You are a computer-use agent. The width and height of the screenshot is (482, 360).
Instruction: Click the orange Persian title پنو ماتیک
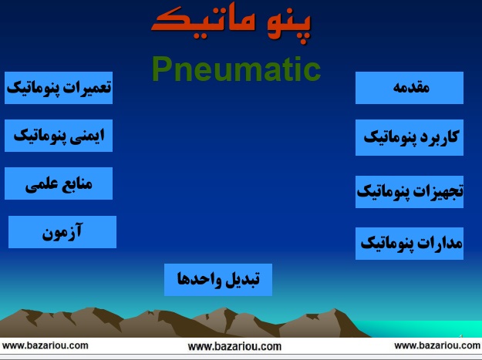[x=231, y=24]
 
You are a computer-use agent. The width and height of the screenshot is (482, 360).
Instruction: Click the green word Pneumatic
[x=237, y=69]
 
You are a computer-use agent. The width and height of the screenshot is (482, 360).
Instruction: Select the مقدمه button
[x=410, y=88]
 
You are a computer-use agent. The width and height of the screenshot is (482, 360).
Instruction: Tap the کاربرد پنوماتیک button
[x=410, y=137]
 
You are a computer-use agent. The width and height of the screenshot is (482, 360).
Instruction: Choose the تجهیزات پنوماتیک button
[x=410, y=192]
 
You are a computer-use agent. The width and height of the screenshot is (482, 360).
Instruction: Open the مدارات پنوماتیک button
[x=410, y=244]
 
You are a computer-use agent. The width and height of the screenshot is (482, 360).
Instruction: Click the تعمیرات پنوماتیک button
[x=59, y=88]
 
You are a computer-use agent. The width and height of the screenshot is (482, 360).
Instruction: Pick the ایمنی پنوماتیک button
[x=59, y=136]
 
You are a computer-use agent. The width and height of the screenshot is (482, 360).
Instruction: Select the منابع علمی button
[x=59, y=183]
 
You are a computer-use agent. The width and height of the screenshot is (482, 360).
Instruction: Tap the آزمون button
[x=62, y=232]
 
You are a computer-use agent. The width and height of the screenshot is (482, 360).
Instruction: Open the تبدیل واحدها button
[x=218, y=280]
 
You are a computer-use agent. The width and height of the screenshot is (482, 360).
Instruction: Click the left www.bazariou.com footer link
[x=46, y=345]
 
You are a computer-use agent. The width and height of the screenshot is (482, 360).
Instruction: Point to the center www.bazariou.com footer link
[x=234, y=347]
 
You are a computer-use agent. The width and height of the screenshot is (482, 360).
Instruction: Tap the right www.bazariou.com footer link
[x=437, y=345]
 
